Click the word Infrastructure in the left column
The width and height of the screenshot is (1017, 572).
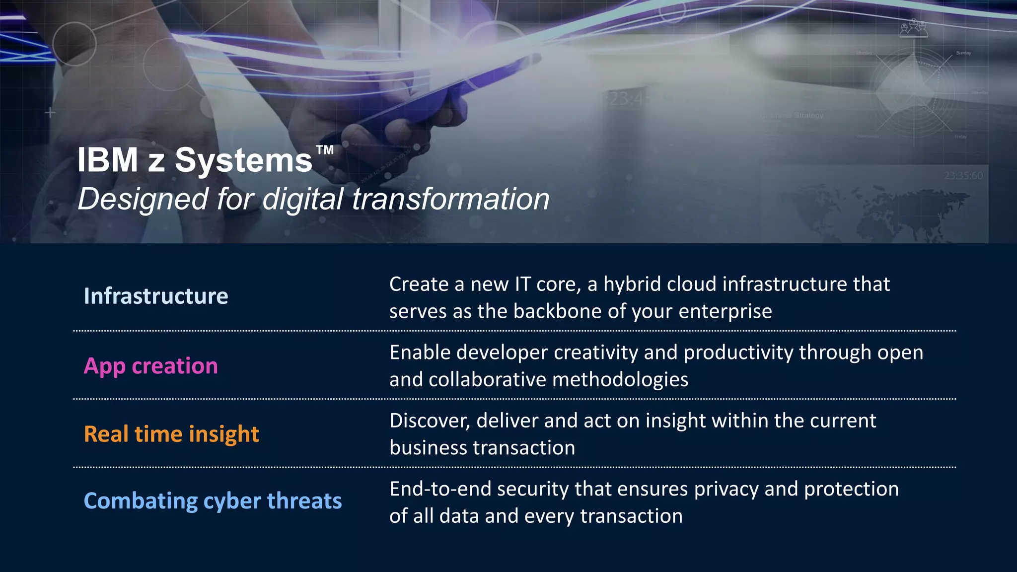tap(156, 296)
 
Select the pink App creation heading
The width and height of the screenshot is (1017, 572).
tap(150, 366)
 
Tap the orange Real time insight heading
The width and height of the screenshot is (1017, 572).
tap(171, 434)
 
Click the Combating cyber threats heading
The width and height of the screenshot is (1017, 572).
tap(213, 501)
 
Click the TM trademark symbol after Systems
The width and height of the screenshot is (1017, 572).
tap(325, 150)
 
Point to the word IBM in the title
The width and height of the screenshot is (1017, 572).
tap(107, 160)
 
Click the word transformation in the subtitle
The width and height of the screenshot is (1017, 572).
tap(450, 199)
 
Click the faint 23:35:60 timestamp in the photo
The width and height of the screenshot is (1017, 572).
tap(963, 176)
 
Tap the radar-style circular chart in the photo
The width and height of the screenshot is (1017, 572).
tap(914, 92)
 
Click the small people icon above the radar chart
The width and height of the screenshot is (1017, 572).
tap(914, 28)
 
